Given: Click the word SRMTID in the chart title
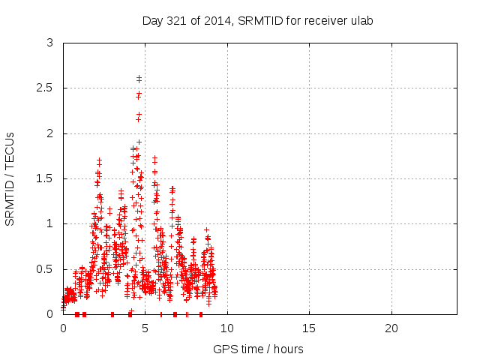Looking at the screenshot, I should pyautogui.click(x=259, y=20).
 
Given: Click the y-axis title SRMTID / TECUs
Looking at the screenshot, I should pyautogui.click(x=10, y=178).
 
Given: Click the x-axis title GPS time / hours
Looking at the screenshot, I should pyautogui.click(x=259, y=349).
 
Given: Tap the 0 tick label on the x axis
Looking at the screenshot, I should pyautogui.click(x=63, y=328).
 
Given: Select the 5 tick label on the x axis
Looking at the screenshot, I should pyautogui.click(x=145, y=328).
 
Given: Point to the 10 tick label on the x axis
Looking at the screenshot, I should pyautogui.click(x=227, y=328).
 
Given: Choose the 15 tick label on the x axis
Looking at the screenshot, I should pyautogui.click(x=309, y=328).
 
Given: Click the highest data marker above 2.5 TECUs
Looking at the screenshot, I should pyautogui.click(x=139, y=77).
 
